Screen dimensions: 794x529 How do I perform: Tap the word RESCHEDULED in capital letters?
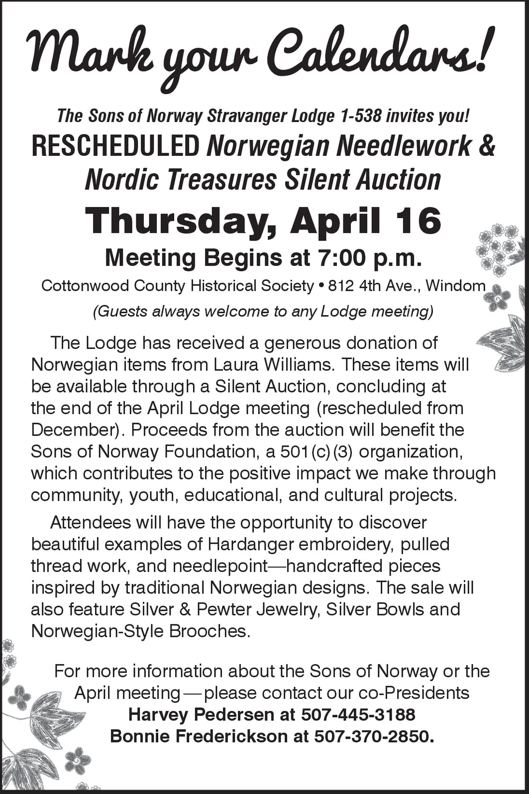[115, 146]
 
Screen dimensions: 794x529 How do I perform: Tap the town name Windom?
[455, 286]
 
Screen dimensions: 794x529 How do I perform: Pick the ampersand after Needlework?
[487, 146]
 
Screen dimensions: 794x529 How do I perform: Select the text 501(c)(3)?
[317, 452]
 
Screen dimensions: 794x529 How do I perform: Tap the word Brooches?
[208, 631]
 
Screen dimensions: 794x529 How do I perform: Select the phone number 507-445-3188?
[358, 715]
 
